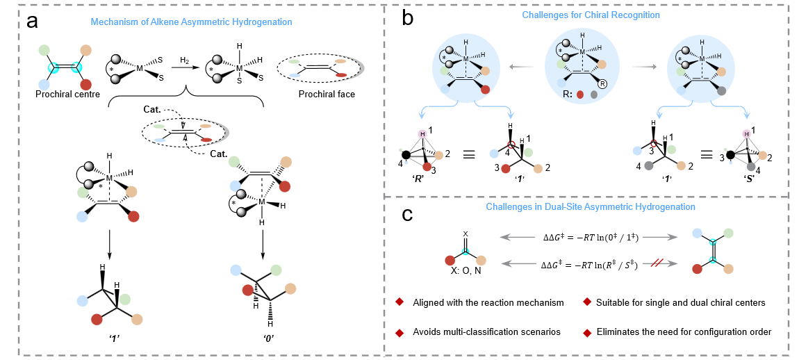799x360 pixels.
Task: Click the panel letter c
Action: tap(410, 215)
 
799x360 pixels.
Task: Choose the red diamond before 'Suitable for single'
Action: tap(587, 302)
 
